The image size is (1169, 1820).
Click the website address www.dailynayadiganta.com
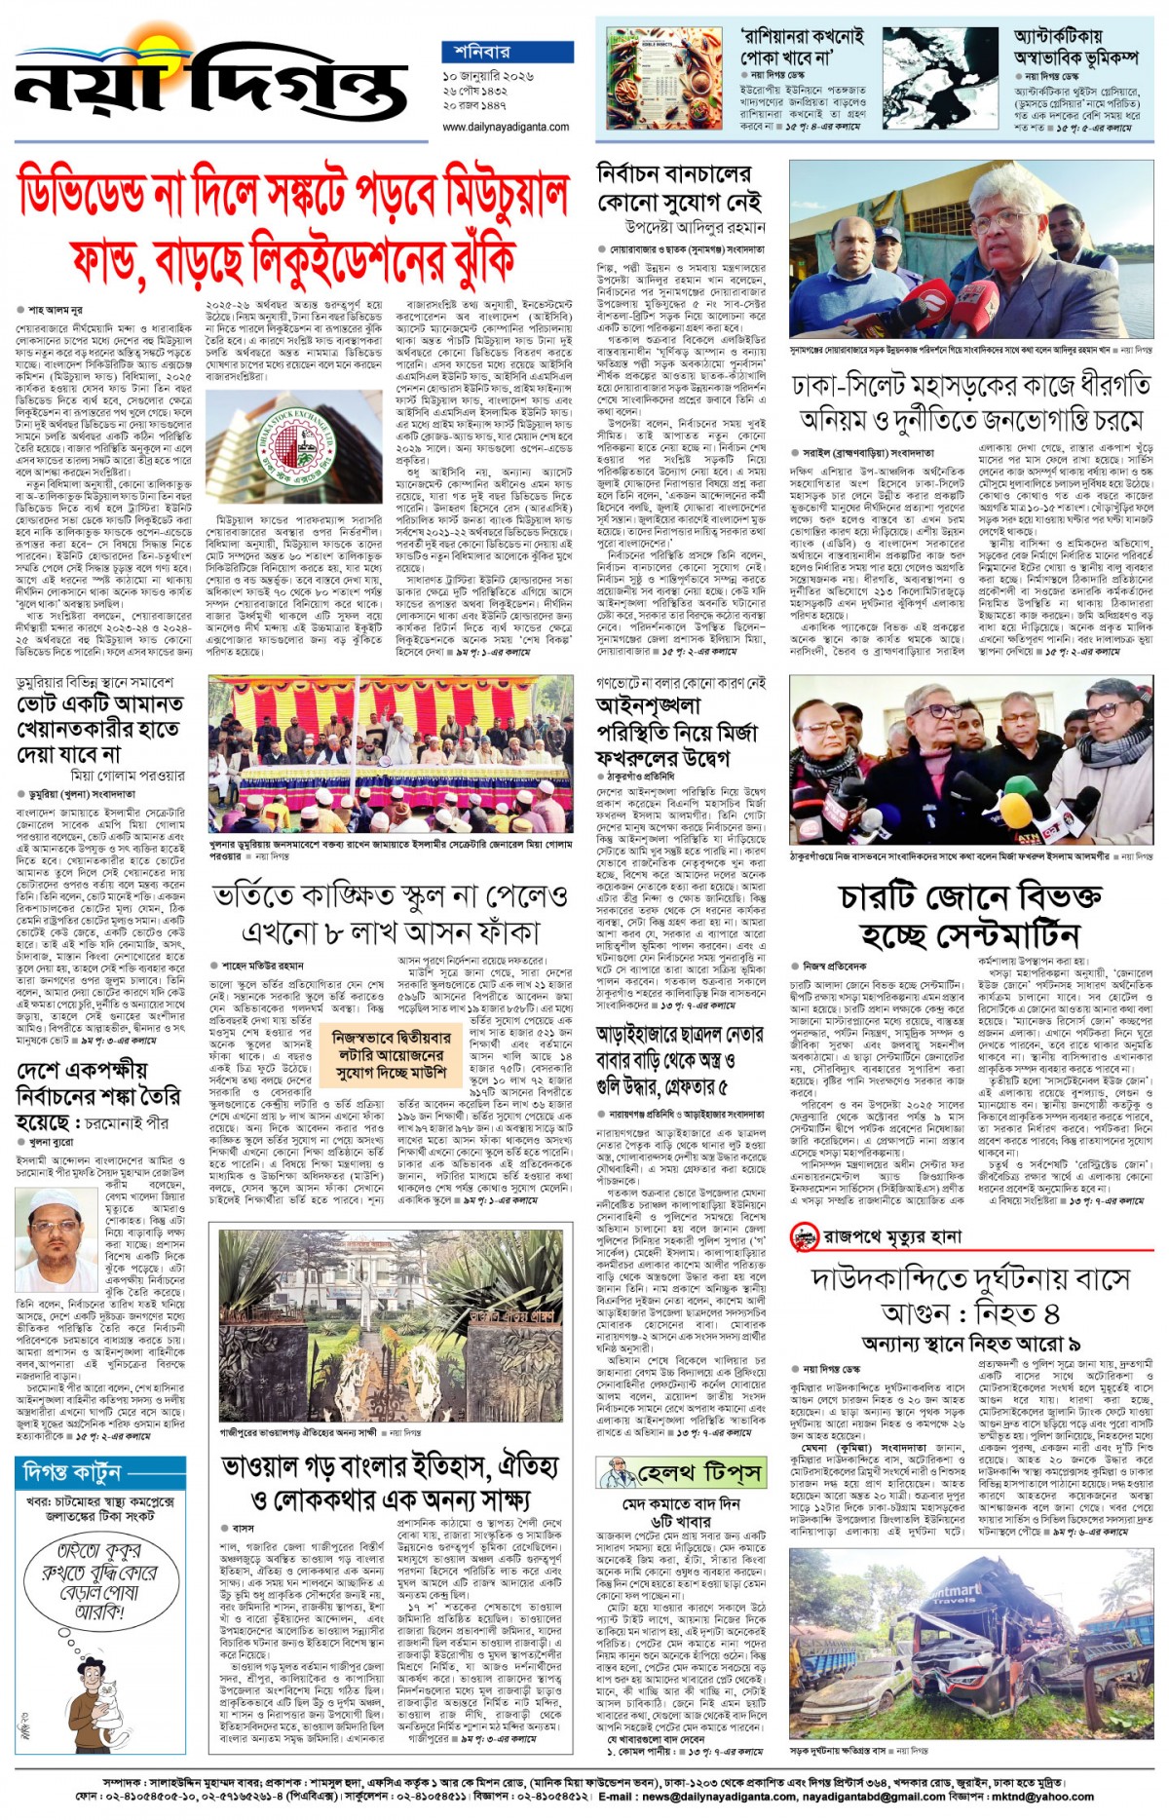click(506, 128)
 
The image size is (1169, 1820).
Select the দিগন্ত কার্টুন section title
click(69, 1471)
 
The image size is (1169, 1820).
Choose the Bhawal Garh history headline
click(390, 1482)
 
